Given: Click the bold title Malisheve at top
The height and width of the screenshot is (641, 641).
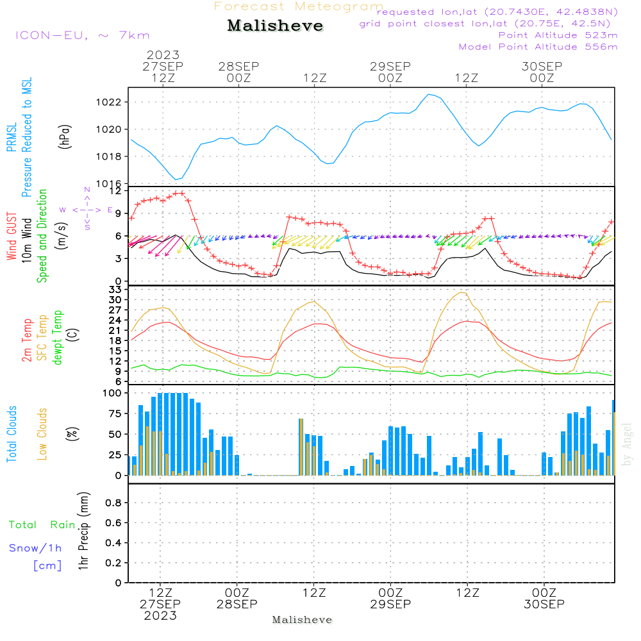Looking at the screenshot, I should pyautogui.click(x=275, y=26).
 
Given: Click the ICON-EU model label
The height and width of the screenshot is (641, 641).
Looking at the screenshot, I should pyautogui.click(x=81, y=35).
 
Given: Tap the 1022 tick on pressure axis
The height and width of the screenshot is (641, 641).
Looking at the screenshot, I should pyautogui.click(x=108, y=102).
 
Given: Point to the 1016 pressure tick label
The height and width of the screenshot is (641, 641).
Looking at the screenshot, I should pyautogui.click(x=108, y=184).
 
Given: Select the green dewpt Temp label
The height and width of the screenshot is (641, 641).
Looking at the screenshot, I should pyautogui.click(x=58, y=338).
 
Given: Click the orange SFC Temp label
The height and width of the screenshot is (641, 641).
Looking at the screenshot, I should pyautogui.click(x=43, y=338).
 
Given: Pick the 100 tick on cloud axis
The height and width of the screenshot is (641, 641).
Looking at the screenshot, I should pyautogui.click(x=112, y=393).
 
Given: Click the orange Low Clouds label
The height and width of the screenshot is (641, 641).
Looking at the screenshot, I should pyautogui.click(x=43, y=434).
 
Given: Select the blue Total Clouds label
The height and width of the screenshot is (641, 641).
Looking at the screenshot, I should pyautogui.click(x=12, y=434).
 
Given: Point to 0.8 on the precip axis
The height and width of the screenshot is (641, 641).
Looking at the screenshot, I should pyautogui.click(x=113, y=503).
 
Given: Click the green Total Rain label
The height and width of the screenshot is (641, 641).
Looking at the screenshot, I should pyautogui.click(x=42, y=525).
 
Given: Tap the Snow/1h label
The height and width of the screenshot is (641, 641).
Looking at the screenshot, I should pyautogui.click(x=35, y=548).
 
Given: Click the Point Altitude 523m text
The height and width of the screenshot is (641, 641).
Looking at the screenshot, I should pyautogui.click(x=558, y=35).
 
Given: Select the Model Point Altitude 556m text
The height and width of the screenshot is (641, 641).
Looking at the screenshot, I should pyautogui.click(x=538, y=47).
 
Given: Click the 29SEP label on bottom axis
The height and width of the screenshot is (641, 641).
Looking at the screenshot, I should pyautogui.click(x=390, y=604).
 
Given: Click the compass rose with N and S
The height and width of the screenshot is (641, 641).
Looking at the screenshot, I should pyautogui.click(x=87, y=209).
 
